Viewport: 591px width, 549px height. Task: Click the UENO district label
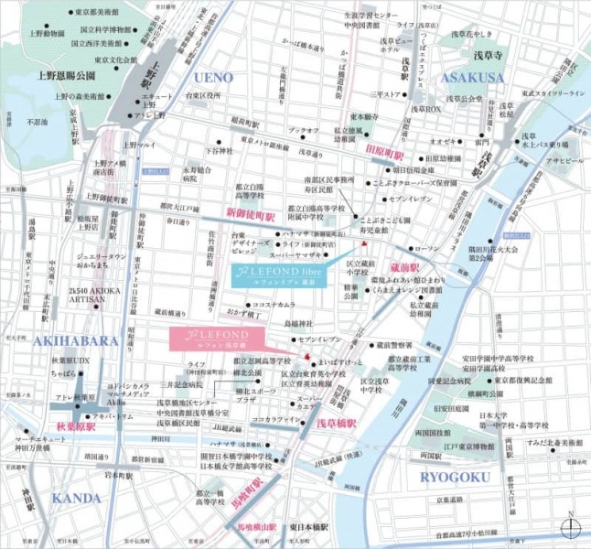(213, 77)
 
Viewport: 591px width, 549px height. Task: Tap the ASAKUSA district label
(472, 77)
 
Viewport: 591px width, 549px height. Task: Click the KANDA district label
(76, 498)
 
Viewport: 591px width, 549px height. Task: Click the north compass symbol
(571, 528)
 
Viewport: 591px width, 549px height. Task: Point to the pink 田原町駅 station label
(384, 147)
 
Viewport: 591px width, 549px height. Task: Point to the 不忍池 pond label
(37, 121)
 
